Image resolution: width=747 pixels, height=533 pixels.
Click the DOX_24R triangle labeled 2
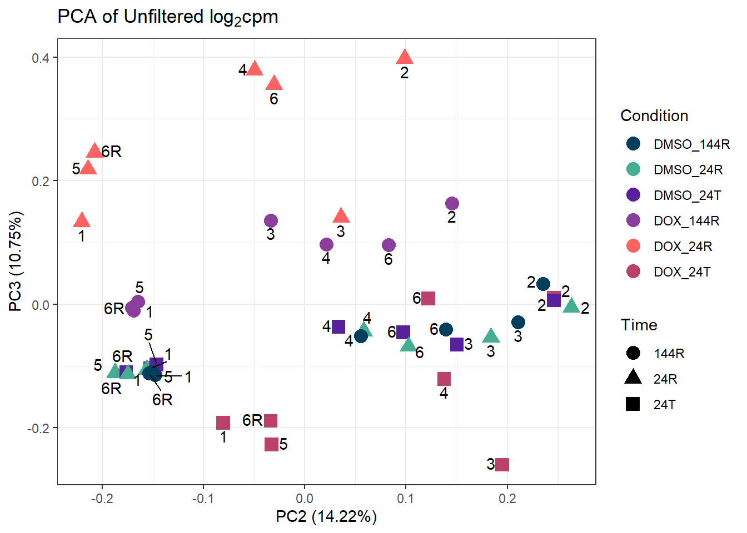coord(405,57)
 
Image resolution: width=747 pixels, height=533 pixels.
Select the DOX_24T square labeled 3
coord(502,465)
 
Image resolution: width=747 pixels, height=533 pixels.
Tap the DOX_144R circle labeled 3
coord(271,221)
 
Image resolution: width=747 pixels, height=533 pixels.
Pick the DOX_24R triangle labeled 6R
coord(95,151)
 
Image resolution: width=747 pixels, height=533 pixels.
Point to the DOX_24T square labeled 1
coord(223,423)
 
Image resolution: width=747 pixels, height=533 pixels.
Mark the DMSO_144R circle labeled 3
coord(518,323)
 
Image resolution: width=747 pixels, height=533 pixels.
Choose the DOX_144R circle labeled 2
coord(452,204)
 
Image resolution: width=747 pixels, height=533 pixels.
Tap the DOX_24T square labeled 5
coord(271,444)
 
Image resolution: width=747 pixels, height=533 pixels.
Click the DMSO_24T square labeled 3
coord(457,344)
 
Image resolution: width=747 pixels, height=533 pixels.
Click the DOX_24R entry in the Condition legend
coord(683,246)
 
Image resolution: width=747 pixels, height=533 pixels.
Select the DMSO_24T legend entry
coord(687,195)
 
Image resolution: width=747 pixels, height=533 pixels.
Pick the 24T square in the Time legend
coord(633,404)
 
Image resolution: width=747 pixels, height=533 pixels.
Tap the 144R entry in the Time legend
coord(669,354)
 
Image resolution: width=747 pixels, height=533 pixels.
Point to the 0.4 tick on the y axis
coord(40,58)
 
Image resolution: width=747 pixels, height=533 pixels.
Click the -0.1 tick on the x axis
coord(203,498)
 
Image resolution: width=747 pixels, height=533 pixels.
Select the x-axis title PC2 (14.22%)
coord(326,517)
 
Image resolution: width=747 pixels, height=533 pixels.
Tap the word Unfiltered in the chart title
coord(163,17)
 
